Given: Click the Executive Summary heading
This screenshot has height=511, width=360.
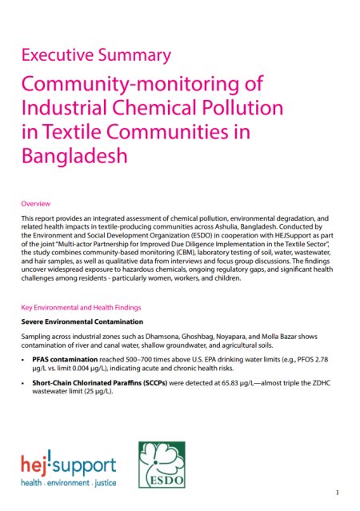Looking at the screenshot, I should point(95,55).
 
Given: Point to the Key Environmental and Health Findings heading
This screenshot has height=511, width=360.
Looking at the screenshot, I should point(82,307).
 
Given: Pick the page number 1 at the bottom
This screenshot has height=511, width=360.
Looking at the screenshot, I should point(338,492).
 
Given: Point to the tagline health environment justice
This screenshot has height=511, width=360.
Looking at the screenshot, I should point(69,484).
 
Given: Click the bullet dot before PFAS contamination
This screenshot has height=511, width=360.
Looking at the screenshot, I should point(25,361).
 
